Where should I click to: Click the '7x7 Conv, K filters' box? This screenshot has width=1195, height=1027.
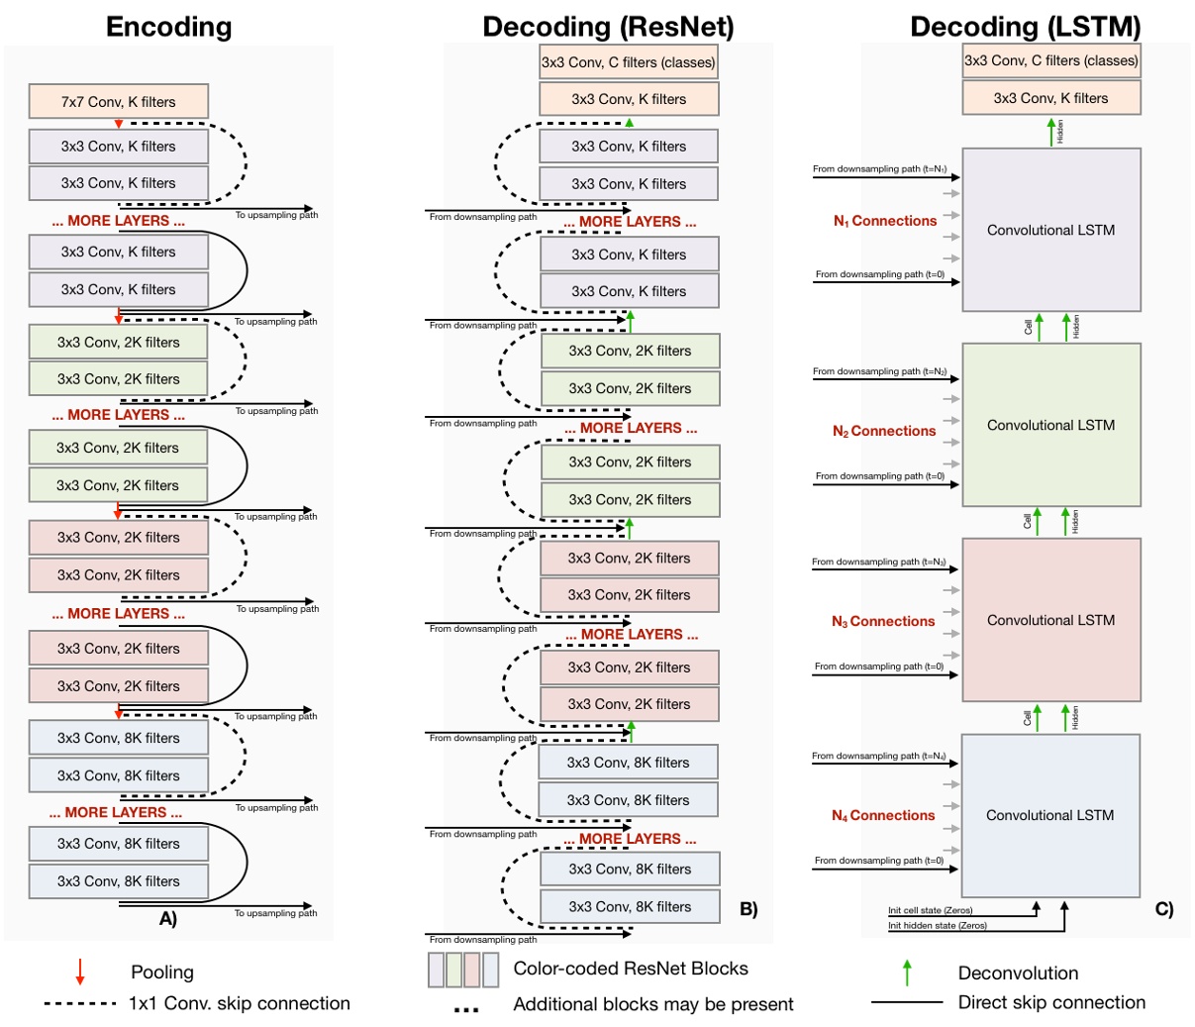point(119,101)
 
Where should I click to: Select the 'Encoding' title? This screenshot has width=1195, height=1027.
point(168,26)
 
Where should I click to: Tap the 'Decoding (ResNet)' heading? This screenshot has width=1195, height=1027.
point(608,26)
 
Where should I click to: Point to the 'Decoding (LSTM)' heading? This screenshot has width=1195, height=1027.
point(1026,26)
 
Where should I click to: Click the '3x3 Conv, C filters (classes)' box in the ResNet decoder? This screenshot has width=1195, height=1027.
point(628,62)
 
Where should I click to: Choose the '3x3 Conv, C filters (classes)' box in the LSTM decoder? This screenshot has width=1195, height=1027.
point(1051,60)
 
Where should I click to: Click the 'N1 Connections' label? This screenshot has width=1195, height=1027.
point(884,221)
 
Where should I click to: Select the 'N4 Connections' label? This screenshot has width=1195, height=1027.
point(883,815)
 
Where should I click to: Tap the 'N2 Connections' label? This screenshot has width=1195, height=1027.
point(884,431)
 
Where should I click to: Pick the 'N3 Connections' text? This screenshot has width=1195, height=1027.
point(883,621)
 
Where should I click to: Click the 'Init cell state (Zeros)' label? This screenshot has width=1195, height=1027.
point(930,910)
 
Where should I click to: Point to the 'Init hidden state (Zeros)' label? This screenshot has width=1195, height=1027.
point(937,925)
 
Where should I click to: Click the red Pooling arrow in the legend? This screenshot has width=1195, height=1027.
point(80,972)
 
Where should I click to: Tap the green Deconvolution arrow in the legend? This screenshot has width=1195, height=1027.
point(906,973)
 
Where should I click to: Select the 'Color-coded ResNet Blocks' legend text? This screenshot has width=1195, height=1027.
point(631,969)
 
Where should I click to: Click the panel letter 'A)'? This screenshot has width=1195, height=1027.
point(168,918)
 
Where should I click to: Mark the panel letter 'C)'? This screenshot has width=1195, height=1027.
point(1164,908)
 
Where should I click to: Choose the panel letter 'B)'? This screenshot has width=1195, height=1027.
point(748,908)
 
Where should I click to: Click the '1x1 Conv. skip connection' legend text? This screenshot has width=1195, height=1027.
point(239,1003)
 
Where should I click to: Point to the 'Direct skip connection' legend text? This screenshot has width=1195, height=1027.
point(1051,1002)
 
